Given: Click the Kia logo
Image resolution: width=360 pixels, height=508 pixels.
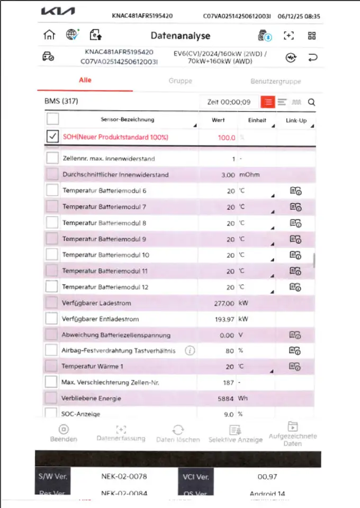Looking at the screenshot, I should pyautogui.click(x=58, y=12).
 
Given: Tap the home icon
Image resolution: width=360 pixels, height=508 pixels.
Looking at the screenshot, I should pyautogui.click(x=49, y=35).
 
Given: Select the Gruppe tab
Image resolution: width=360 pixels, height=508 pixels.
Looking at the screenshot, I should pyautogui.click(x=180, y=81).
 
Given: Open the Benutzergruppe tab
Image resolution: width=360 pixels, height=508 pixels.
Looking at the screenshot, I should pyautogui.click(x=275, y=81).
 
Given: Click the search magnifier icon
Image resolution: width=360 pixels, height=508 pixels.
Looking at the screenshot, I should pyautogui.click(x=311, y=102).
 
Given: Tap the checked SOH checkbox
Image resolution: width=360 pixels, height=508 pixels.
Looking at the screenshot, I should pyautogui.click(x=52, y=137).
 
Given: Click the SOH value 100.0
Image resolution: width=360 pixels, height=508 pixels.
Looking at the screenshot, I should pyautogui.click(x=226, y=138).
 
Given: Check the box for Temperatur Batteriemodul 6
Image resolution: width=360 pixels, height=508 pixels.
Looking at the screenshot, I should pyautogui.click(x=52, y=190).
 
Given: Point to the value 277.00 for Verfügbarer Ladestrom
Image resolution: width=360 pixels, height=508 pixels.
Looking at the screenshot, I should pyautogui.click(x=223, y=303).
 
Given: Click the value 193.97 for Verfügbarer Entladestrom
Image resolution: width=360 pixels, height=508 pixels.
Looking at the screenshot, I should pyautogui.click(x=223, y=320).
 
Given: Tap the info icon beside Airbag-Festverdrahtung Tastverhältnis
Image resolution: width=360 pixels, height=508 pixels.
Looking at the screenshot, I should pyautogui.click(x=190, y=350).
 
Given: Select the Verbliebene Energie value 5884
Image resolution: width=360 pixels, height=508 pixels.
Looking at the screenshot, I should pyautogui.click(x=226, y=398).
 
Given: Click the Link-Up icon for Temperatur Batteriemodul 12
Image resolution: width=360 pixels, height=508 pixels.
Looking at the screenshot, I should pyautogui.click(x=295, y=287).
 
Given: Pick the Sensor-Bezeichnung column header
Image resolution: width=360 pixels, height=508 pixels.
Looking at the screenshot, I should pyautogui.click(x=127, y=120).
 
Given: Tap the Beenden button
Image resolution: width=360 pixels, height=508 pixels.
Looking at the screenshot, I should pyautogui.click(x=64, y=433).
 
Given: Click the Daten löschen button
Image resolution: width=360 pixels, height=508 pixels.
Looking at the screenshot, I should pyautogui.click(x=178, y=433).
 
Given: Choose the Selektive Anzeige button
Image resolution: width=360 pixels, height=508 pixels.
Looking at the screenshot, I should pyautogui.click(x=235, y=433).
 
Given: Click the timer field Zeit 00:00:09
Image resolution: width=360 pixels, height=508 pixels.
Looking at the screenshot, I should pyautogui.click(x=229, y=102).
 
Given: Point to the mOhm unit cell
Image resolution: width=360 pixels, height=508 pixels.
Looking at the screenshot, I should pyautogui.click(x=249, y=175).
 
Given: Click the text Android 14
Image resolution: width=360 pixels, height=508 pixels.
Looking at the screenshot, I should pyautogui.click(x=267, y=494).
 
